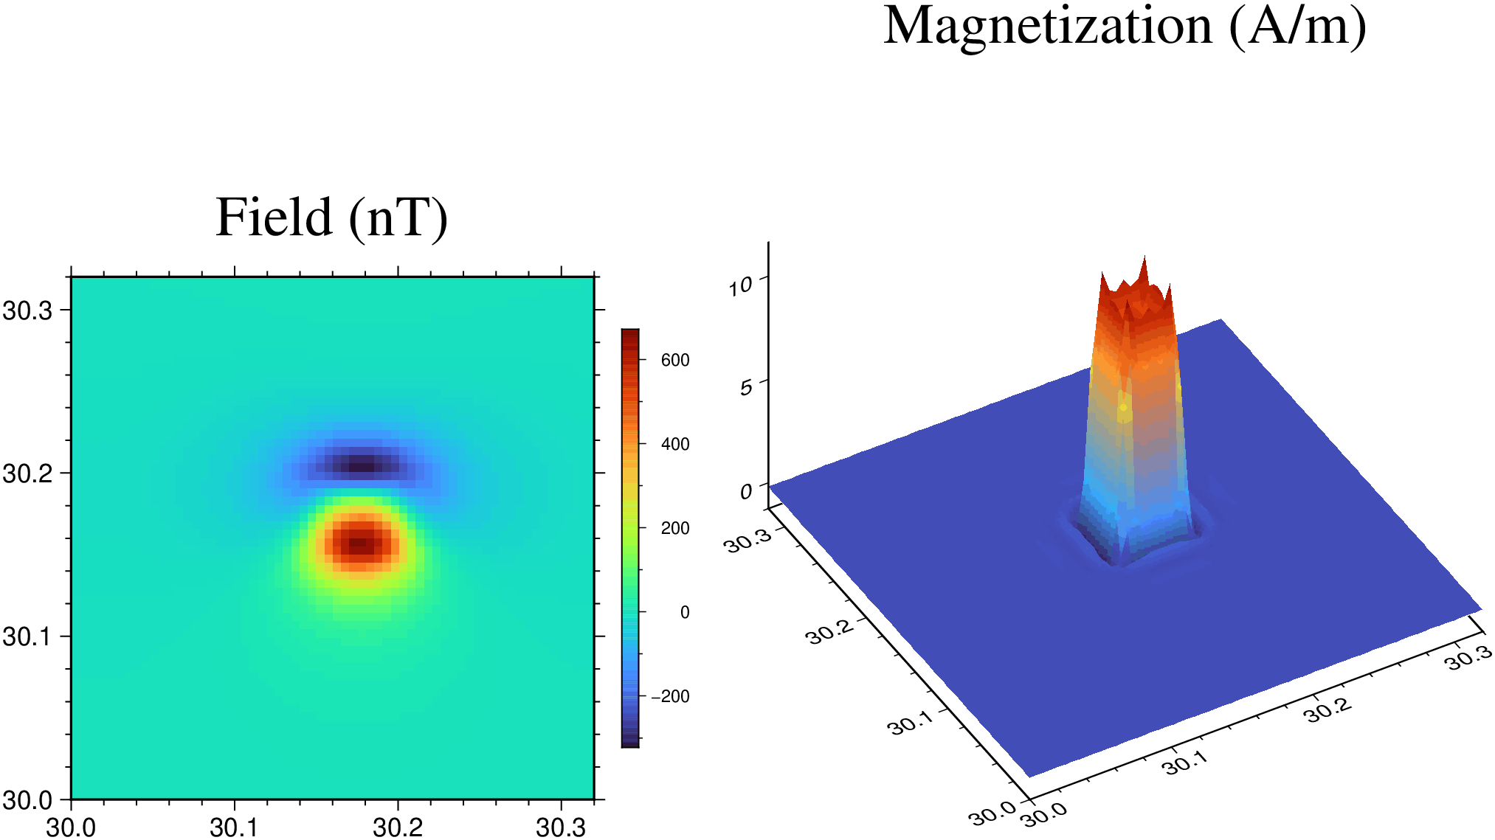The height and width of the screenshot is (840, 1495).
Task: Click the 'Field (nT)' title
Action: point(331,218)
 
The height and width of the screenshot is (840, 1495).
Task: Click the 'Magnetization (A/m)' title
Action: point(1125,26)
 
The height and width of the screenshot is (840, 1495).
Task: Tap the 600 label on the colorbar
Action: point(675,360)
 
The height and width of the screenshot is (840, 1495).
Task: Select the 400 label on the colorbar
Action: point(675,444)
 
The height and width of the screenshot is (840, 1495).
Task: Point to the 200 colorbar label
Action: point(675,528)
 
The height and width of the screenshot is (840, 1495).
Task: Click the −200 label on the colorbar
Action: point(670,696)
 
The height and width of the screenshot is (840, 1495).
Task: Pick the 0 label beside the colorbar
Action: point(685,612)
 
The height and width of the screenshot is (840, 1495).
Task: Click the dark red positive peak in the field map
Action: point(359,544)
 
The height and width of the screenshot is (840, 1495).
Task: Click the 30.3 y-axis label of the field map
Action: point(28,310)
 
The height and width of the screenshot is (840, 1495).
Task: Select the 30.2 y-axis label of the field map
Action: point(28,473)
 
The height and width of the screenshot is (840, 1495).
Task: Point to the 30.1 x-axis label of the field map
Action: point(234,827)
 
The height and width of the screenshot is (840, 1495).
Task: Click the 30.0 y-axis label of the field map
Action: point(28,799)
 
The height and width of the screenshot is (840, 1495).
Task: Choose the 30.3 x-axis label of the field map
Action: point(561,827)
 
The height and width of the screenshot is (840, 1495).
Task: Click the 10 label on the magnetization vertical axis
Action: point(740,286)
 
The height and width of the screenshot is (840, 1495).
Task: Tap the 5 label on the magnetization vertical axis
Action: point(746,387)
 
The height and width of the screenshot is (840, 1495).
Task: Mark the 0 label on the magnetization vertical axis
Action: point(746,492)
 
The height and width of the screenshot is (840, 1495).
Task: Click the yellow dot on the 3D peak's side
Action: point(1123,407)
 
